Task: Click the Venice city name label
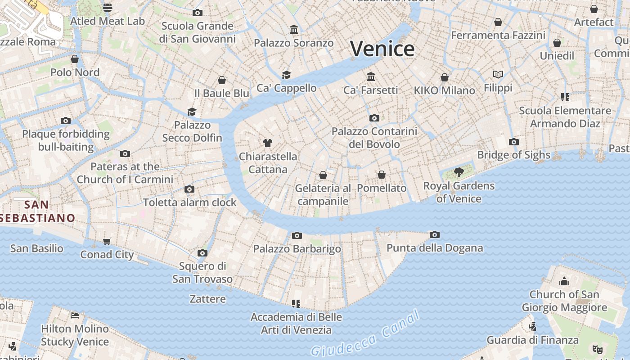pyautogui.click(x=382, y=49)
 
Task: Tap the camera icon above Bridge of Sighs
pyautogui.click(x=513, y=142)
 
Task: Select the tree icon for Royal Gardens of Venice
pyautogui.click(x=459, y=172)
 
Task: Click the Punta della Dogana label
pyautogui.click(x=435, y=248)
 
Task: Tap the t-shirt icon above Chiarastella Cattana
pyautogui.click(x=268, y=143)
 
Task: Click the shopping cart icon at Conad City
pyautogui.click(x=107, y=242)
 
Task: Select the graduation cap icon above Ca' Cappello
pyautogui.click(x=286, y=75)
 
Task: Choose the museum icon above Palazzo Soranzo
pyautogui.click(x=294, y=30)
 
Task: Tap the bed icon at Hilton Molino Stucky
pyautogui.click(x=75, y=315)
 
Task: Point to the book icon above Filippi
pyautogui.click(x=498, y=74)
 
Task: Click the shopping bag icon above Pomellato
pyautogui.click(x=382, y=175)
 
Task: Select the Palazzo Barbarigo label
pyautogui.click(x=297, y=249)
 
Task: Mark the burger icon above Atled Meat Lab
pyautogui.click(x=107, y=7)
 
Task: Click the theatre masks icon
pyautogui.click(x=597, y=349)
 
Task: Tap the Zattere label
pyautogui.click(x=207, y=299)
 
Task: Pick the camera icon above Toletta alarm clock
pyautogui.click(x=189, y=189)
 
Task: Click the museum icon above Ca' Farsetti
pyautogui.click(x=371, y=76)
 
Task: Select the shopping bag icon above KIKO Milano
pyautogui.click(x=445, y=77)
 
